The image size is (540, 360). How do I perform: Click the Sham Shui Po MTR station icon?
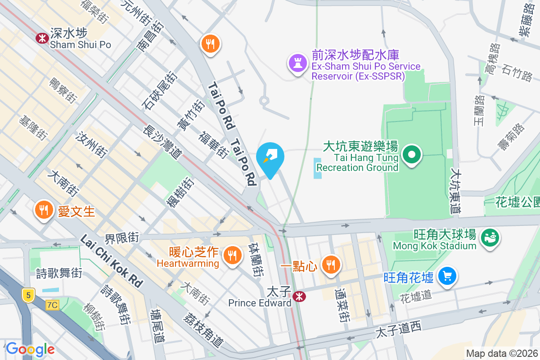pos(42,38)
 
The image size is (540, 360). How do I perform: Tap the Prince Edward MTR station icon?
pos(297,296)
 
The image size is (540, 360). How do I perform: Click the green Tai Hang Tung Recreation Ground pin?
pos(411,155)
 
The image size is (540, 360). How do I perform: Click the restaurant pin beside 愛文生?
pos(44,210)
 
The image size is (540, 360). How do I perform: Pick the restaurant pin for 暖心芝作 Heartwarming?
pos(232,256)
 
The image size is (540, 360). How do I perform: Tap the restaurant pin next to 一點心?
pos(332,264)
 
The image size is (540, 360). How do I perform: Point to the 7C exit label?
pos(52,305)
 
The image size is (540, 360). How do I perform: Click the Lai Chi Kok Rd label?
pos(112,261)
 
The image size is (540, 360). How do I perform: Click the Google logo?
pos(30,349)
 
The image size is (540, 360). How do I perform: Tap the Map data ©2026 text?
pos(502,354)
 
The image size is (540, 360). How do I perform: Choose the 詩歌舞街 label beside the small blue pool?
pos(59,273)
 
